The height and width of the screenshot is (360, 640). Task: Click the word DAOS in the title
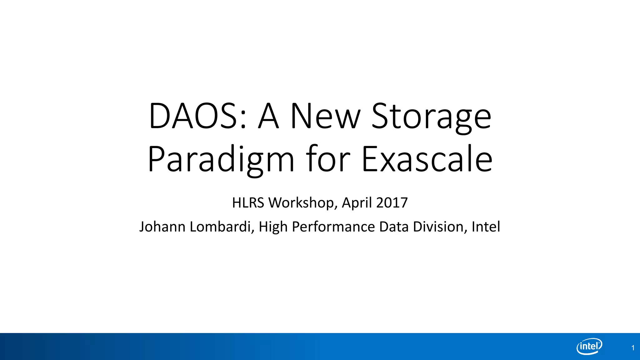coord(194,116)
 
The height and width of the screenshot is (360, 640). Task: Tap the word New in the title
coord(325,116)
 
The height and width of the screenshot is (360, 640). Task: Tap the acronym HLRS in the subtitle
coord(248,203)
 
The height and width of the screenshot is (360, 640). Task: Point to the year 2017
coord(392,203)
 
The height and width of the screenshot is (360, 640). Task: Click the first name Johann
coord(162,227)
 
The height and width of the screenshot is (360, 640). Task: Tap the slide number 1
coord(633,348)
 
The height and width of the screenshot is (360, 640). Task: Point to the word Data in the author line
coord(394,227)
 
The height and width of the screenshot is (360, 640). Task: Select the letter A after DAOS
coord(268,116)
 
